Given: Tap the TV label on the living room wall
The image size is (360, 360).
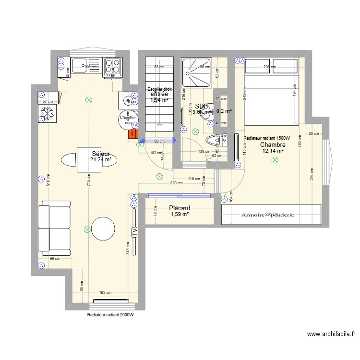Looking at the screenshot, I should (135, 232).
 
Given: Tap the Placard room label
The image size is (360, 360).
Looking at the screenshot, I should (180, 208).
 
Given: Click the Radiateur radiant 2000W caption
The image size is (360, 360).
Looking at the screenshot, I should (110, 315).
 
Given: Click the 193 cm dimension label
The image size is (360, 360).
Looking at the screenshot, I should (105, 292).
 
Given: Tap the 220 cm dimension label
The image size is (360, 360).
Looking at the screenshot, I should (176, 183).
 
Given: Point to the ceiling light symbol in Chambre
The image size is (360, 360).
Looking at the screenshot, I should (275, 161).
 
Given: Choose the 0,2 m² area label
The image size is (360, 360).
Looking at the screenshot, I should (224, 111).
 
